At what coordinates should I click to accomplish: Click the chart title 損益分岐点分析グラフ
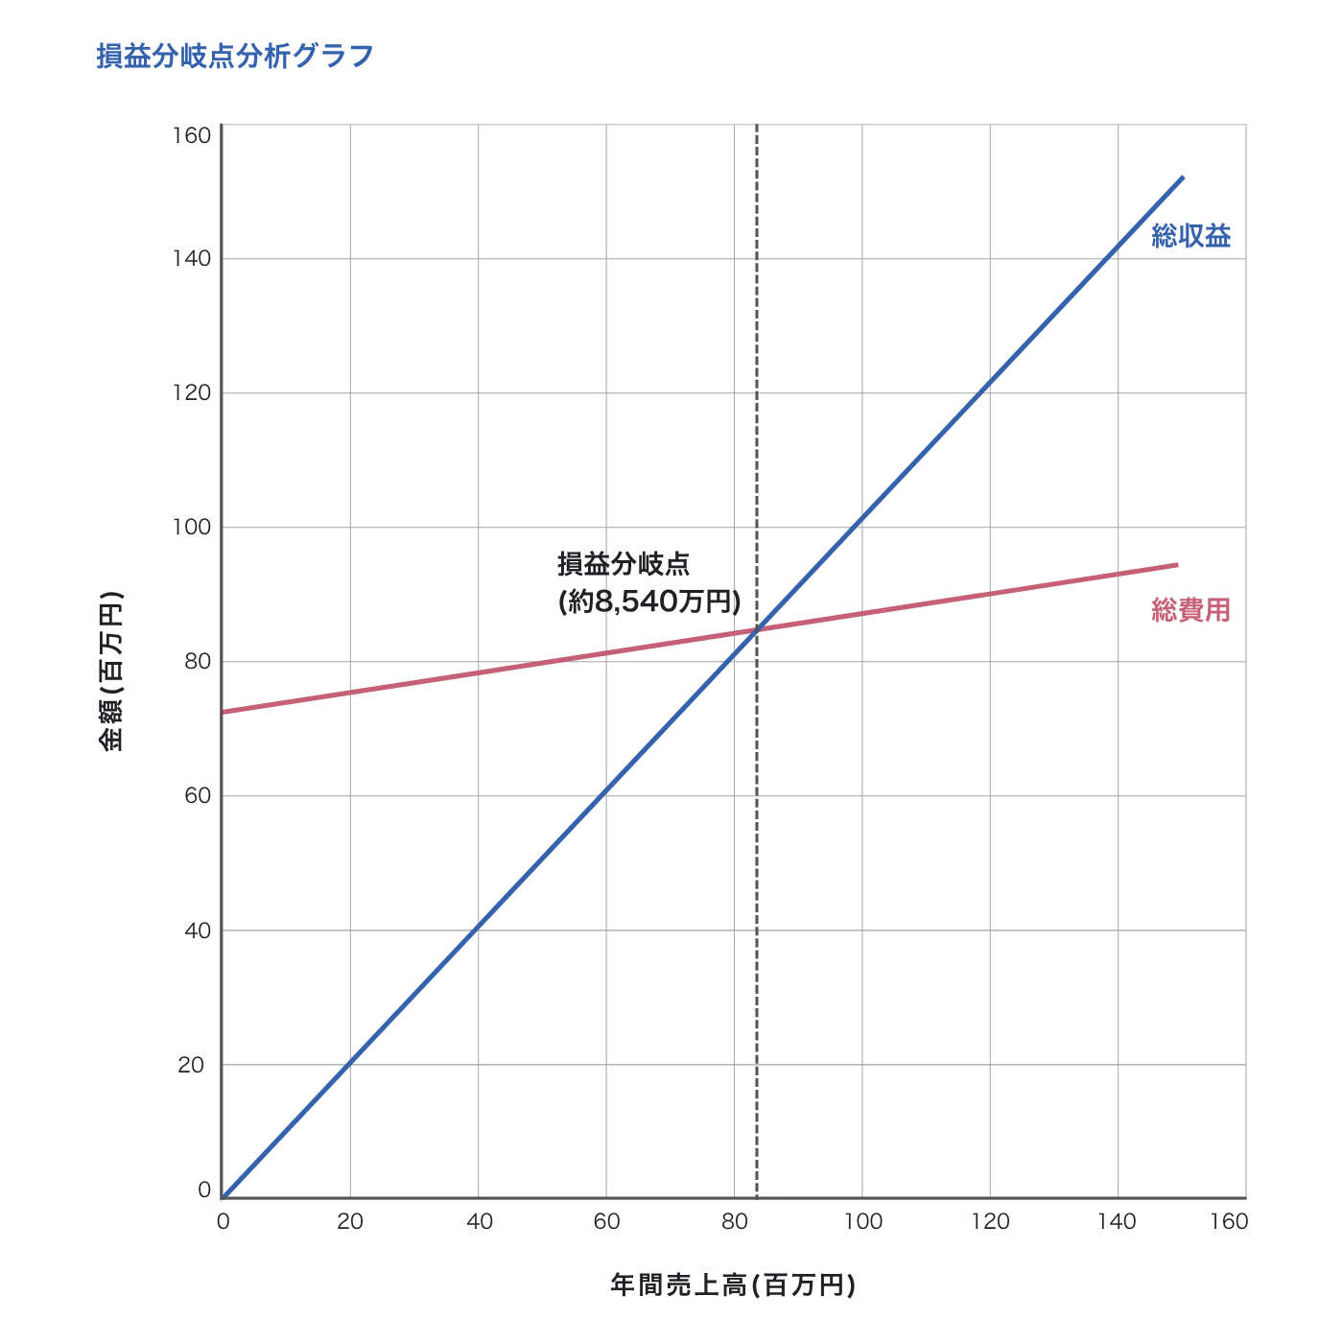(234, 57)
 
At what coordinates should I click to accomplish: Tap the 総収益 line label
(1190, 236)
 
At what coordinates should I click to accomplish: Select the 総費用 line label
(1190, 610)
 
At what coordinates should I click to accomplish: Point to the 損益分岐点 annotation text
(624, 564)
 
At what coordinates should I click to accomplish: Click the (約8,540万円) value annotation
(649, 601)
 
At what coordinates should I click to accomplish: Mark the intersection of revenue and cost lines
(757, 630)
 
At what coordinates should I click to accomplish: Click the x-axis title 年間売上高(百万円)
(733, 1285)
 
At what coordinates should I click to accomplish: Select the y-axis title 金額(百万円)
(112, 671)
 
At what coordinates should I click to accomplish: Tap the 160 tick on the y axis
(192, 135)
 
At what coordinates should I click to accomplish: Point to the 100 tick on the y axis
(192, 528)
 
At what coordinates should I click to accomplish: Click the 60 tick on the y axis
(195, 796)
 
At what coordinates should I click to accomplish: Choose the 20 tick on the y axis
(192, 1065)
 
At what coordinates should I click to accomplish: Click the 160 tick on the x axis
(1229, 1221)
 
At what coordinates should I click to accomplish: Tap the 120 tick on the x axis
(990, 1221)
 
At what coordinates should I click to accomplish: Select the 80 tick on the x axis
(734, 1221)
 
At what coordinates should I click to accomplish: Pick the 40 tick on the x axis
(479, 1221)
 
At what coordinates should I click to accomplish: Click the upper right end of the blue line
(1184, 177)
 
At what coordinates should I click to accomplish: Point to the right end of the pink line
(1178, 565)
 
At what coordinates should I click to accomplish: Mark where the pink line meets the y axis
(223, 712)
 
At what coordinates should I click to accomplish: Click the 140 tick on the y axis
(192, 259)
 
